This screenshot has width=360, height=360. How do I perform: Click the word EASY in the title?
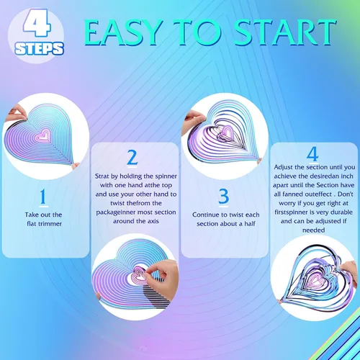tap(122, 32)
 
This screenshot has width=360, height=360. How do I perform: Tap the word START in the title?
tap(284, 32)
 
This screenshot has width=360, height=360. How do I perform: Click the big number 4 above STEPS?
tap(37, 24)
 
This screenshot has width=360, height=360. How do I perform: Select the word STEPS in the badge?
tap(39, 48)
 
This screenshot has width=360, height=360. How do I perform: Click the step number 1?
tap(43, 197)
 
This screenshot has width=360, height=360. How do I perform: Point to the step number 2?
tap(132, 158)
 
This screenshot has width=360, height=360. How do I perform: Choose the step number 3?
tap(223, 197)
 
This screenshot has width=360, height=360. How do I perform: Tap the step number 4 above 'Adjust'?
tap(312, 153)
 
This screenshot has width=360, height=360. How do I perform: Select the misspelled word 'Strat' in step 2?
tap(102, 176)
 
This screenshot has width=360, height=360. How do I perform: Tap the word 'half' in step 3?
tap(250, 224)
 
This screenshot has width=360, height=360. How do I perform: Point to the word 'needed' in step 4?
tap(313, 230)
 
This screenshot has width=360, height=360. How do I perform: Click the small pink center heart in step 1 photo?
tap(42, 135)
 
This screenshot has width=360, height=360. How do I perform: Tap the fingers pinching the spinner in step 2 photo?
tap(161, 279)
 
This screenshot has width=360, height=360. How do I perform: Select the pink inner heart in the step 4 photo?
tap(315, 279)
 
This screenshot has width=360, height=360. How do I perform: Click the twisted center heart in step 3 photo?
tap(224, 132)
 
